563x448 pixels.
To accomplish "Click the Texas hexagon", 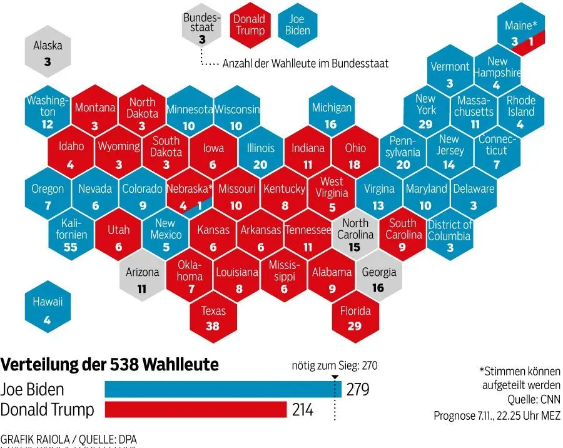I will (213, 318).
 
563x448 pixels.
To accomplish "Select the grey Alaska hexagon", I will (48, 53).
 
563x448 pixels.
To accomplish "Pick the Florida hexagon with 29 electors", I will (355, 318).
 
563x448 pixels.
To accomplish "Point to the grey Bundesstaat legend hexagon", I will (201, 29).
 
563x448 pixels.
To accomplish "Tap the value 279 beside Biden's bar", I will (357, 390).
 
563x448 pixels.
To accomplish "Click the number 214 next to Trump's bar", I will (302, 410).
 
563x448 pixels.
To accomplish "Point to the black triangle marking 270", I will (335, 377).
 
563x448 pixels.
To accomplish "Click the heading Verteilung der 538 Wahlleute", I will (109, 365).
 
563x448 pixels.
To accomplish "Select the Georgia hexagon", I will (379, 279).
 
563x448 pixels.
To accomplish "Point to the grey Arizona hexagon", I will (143, 279).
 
